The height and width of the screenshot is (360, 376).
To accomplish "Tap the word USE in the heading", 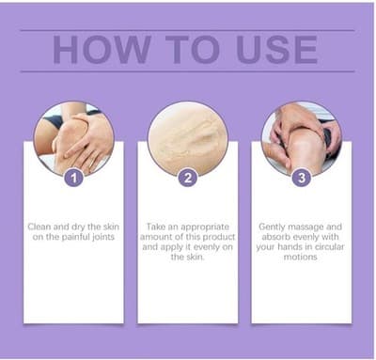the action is tap(277, 50).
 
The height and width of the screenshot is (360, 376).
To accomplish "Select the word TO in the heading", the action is tap(193, 50).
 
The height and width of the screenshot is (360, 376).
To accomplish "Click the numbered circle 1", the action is tap(74, 178).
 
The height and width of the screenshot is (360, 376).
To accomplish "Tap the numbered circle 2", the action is tap(188, 178).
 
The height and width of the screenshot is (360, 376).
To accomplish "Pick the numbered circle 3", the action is tap(302, 178).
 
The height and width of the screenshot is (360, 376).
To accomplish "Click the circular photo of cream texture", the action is tap(188, 138).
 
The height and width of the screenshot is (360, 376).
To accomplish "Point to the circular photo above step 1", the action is tap(74, 138).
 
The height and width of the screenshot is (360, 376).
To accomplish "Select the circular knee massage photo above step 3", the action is tap(302, 138).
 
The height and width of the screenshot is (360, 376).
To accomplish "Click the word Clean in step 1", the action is tap(39, 227).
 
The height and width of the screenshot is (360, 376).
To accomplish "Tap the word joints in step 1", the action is tap(103, 237).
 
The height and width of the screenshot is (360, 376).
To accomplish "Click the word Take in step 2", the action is tap(156, 227).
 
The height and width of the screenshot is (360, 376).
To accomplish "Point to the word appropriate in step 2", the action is tap(205, 227).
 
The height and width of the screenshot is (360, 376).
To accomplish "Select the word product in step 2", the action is tap(219, 237).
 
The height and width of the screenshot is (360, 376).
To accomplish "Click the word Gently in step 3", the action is tap(272, 227).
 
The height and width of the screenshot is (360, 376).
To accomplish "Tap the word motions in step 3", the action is tap(301, 257).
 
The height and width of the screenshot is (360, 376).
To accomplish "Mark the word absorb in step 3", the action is tap(275, 237).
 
